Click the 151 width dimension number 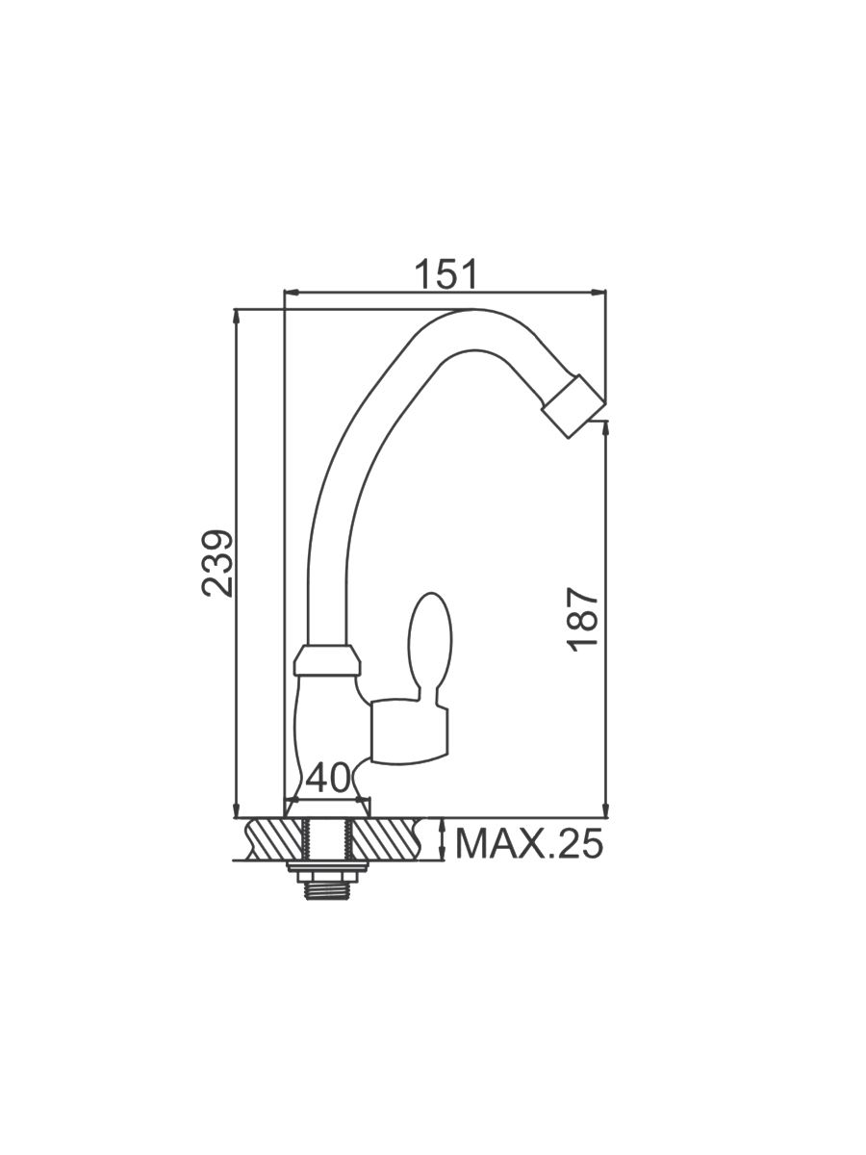tap(446, 273)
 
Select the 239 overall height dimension tap(217, 563)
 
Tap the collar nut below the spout tap(327, 660)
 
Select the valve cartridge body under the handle tap(411, 731)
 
